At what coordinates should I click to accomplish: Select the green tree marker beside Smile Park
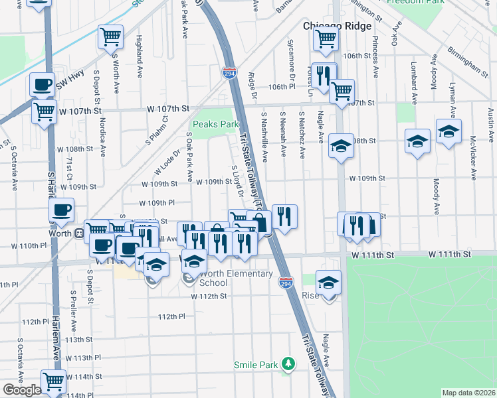pyautogui.click(x=288, y=364)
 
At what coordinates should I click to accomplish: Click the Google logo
pyautogui.click(x=21, y=390)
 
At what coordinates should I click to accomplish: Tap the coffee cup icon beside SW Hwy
pyautogui.click(x=42, y=84)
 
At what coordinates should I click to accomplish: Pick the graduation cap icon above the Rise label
pyautogui.click(x=328, y=282)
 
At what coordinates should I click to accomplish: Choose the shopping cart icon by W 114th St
pyautogui.click(x=53, y=381)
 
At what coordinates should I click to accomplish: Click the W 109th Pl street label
pyautogui.click(x=157, y=203)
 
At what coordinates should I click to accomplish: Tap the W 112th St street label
pyautogui.click(x=209, y=297)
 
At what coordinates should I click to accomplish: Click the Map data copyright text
pyautogui.click(x=468, y=393)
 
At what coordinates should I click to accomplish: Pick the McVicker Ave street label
pyautogui.click(x=472, y=159)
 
